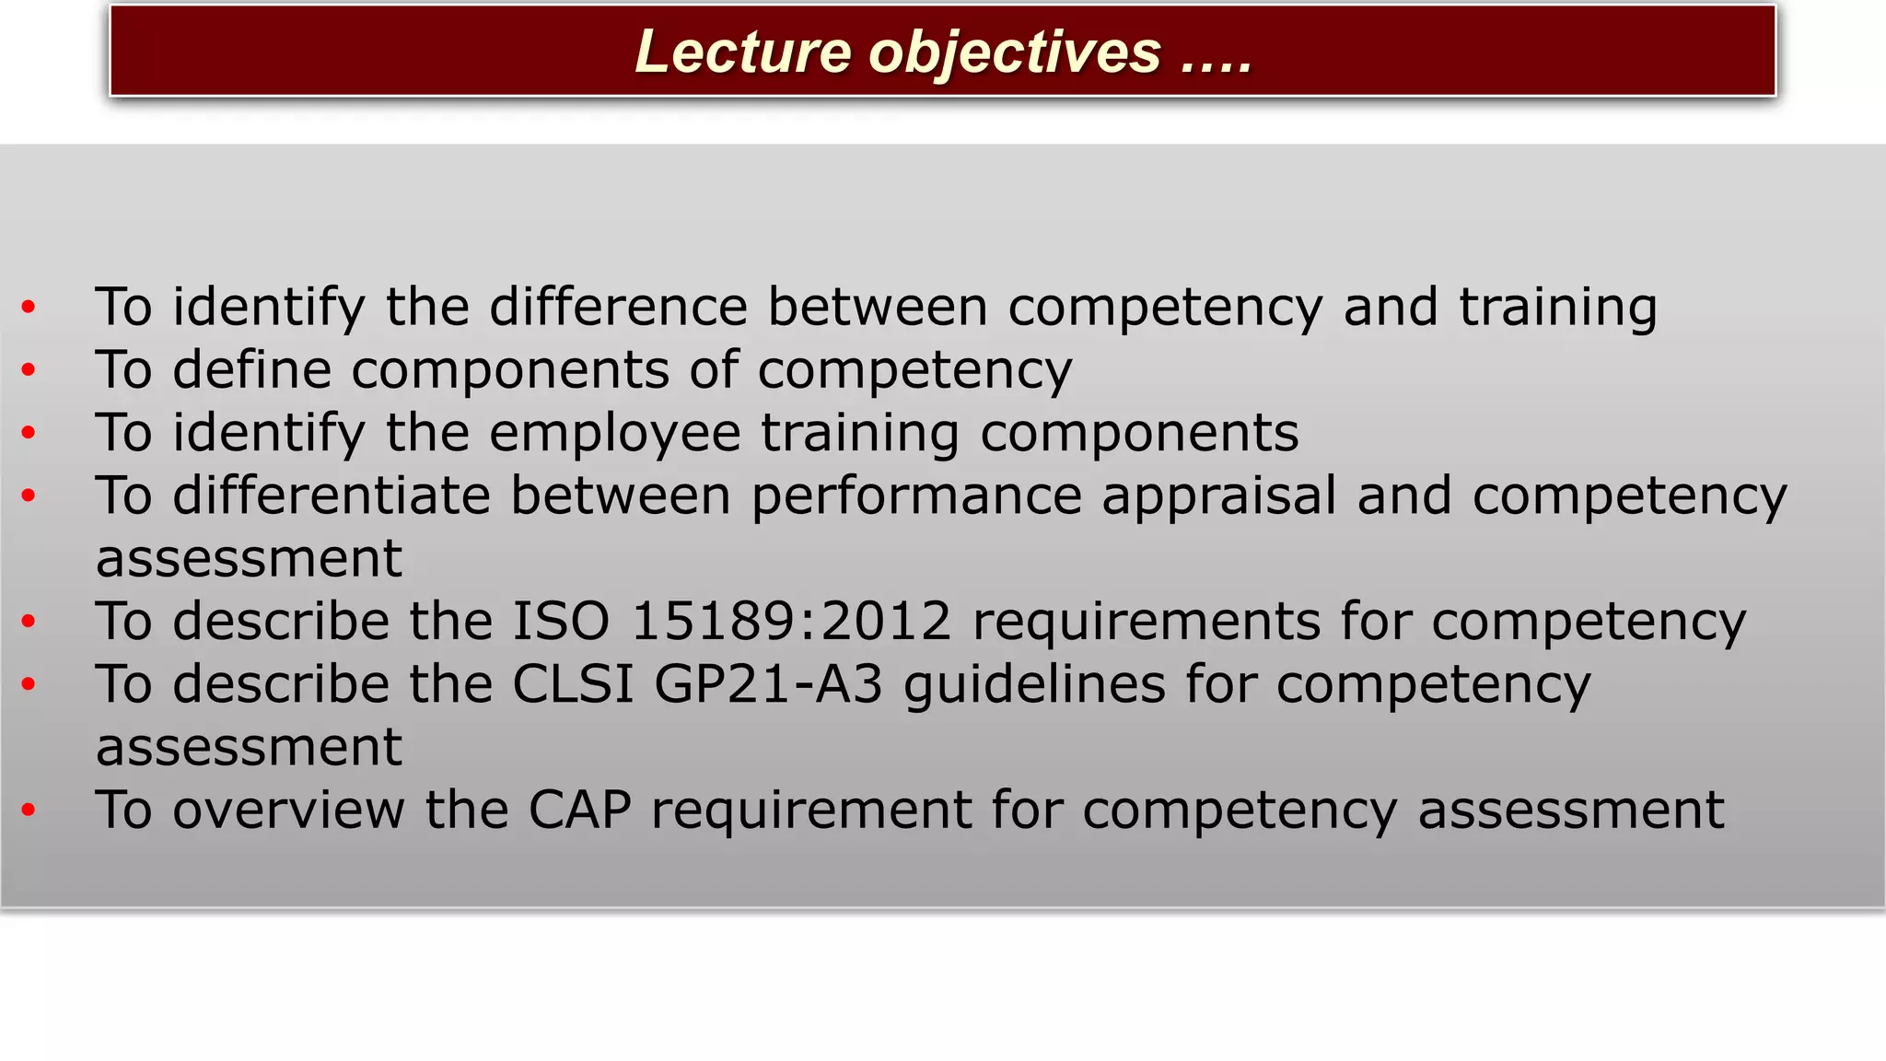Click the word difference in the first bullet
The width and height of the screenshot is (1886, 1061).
[x=618, y=307]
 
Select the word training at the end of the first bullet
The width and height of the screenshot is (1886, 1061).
[x=1558, y=309]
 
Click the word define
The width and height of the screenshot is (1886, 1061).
[x=251, y=370]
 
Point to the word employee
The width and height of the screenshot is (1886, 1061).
[x=614, y=434]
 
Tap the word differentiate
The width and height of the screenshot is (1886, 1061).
[x=332, y=496]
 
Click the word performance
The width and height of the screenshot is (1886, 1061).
[x=916, y=497]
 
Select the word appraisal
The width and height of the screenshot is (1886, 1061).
[x=1218, y=497]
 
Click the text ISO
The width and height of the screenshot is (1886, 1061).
[x=560, y=622]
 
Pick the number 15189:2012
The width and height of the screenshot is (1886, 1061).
[x=791, y=622]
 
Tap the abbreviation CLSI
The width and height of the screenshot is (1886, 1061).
[x=572, y=684]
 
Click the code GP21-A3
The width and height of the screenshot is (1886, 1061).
[x=768, y=684]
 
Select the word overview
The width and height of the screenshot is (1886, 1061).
[x=288, y=810]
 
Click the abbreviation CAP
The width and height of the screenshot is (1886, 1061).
[x=579, y=810]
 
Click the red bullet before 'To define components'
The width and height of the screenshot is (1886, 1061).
[x=29, y=370]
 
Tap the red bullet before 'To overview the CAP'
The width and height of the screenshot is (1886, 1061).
[x=29, y=810]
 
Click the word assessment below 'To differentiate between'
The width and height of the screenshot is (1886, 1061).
[x=249, y=559]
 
